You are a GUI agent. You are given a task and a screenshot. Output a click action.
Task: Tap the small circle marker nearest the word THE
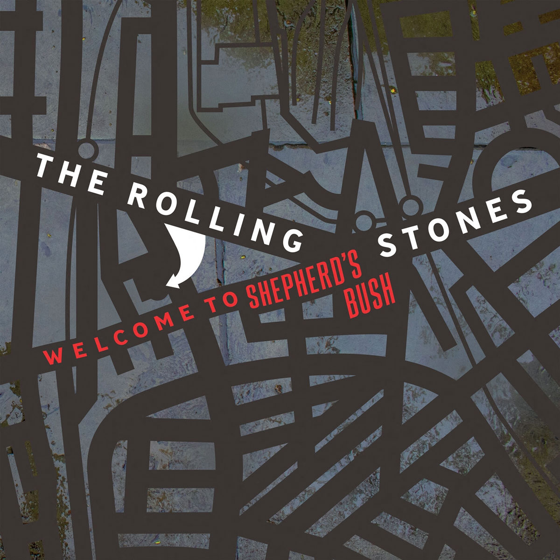point(85,149)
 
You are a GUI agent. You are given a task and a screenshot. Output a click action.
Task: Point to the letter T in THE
point(45,166)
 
